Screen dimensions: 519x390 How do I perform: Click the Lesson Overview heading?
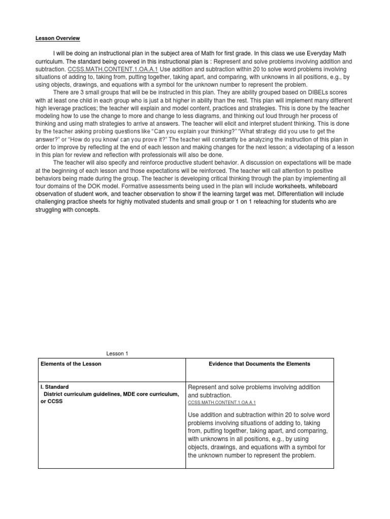[x=57, y=38]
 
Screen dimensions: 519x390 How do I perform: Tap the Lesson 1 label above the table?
[x=116, y=354]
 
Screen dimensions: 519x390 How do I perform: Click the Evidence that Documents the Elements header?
[x=259, y=364]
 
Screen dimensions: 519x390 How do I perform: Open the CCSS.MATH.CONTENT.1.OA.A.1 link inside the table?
[x=222, y=402]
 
